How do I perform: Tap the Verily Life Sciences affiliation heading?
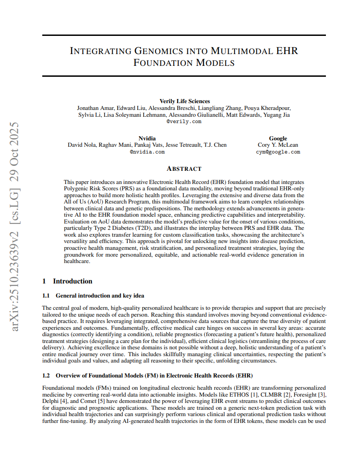click(x=185, y=101)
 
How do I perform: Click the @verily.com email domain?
click(x=184, y=122)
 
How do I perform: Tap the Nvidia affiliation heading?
click(x=147, y=138)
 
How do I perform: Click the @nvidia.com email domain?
click(x=147, y=152)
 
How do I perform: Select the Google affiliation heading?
click(x=278, y=138)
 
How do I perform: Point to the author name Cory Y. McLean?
click(x=278, y=145)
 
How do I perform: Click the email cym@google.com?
click(x=278, y=152)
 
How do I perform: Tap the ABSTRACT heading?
click(x=184, y=169)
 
